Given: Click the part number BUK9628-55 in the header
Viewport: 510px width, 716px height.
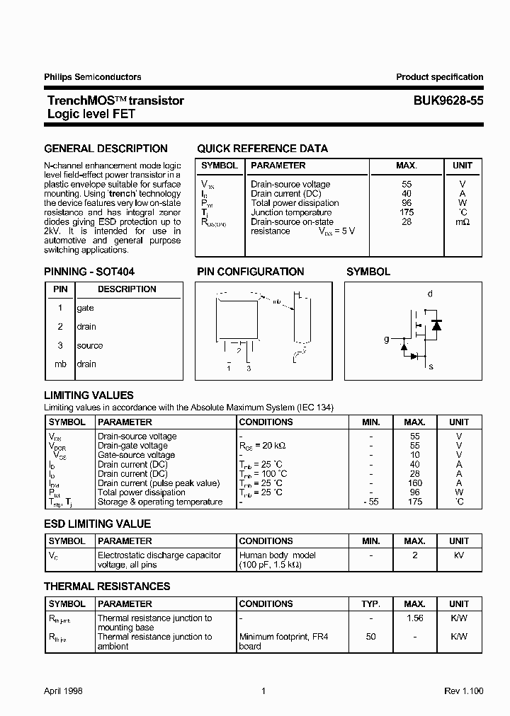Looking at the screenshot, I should [x=448, y=101].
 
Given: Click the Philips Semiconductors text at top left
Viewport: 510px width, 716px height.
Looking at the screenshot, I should [x=93, y=77].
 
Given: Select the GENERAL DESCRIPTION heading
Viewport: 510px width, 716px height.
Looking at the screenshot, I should [x=106, y=149].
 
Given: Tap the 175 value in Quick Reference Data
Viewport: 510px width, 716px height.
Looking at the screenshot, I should [x=406, y=212].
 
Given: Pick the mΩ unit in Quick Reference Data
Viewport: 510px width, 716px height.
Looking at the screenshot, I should [x=462, y=222].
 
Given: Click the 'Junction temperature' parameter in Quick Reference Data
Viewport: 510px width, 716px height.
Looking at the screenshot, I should [x=291, y=212].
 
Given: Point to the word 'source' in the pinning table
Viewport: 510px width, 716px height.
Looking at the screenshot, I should [x=90, y=346].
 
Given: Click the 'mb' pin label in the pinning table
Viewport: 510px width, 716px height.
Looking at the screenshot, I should [x=60, y=364].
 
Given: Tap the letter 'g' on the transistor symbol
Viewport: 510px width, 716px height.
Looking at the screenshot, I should [x=387, y=340].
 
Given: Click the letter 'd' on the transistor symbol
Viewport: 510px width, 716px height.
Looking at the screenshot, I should [x=430, y=294].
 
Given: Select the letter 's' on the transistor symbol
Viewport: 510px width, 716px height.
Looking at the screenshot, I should [x=431, y=366].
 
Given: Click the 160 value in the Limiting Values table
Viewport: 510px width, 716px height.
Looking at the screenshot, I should [x=415, y=483].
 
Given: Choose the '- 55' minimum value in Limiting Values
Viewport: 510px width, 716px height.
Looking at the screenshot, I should [x=370, y=502].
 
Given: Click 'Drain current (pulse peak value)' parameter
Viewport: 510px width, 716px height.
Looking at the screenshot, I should [x=159, y=483].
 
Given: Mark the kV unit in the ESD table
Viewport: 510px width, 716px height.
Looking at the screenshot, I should [x=459, y=556].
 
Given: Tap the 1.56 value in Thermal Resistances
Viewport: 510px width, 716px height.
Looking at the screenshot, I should [x=415, y=618].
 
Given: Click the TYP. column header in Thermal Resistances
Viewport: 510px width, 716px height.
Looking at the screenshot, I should [x=370, y=604].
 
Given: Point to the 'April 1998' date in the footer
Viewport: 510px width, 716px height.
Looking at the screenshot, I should [x=63, y=691].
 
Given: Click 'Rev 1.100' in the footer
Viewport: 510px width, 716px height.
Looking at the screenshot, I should [x=463, y=691].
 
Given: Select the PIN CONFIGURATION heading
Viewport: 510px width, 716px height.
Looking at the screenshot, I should [x=250, y=272].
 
